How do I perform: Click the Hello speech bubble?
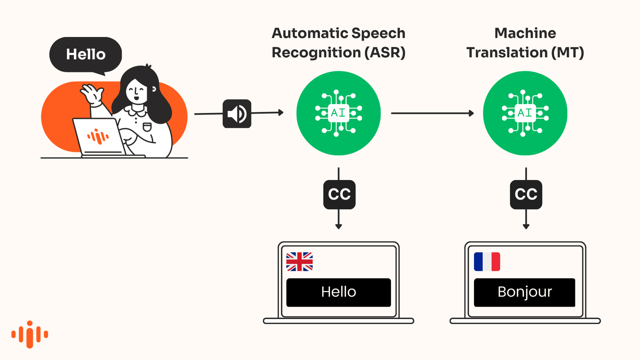[86, 54]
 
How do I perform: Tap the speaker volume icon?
[237, 114]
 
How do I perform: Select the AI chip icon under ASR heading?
[338, 113]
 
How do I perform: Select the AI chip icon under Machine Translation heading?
[525, 113]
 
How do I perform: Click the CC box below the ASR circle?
[339, 194]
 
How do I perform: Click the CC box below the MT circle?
[526, 194]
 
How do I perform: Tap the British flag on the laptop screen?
[299, 262]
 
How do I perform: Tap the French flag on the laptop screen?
[487, 262]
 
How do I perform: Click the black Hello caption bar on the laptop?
[338, 292]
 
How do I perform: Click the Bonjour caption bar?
[524, 292]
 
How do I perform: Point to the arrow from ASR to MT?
[432, 113]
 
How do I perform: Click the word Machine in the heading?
[525, 33]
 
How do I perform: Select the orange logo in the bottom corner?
[30, 334]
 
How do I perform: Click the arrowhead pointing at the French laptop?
[526, 226]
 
